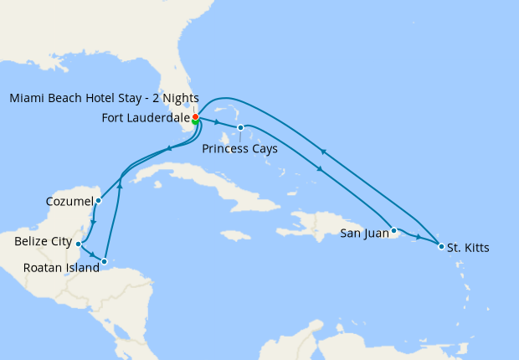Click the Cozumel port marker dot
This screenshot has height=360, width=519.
click(x=98, y=200)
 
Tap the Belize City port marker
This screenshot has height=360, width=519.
click(x=78, y=244)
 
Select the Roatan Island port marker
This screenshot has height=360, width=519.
click(x=104, y=261)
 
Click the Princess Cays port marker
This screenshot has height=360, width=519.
click(x=240, y=128)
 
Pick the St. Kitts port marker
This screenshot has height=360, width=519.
click(x=441, y=246)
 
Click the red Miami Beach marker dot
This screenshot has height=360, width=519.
click(x=196, y=116)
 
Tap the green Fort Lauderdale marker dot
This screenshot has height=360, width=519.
click(x=195, y=122)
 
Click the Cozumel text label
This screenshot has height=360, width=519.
click(x=70, y=202)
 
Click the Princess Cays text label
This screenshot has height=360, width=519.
click(x=240, y=148)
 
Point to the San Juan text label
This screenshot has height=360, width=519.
click(x=364, y=233)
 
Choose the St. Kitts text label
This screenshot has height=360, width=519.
click(x=468, y=248)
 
